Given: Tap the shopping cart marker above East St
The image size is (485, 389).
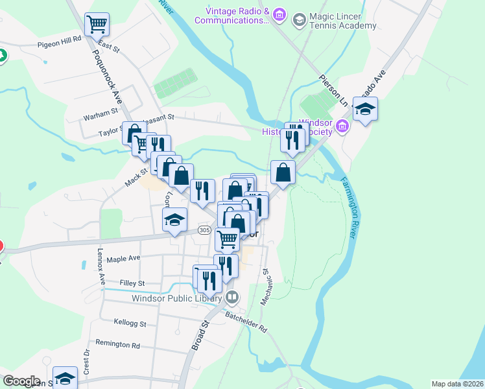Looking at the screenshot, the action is point(97,25).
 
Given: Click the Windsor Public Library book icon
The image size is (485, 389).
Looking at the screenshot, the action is point(232,298).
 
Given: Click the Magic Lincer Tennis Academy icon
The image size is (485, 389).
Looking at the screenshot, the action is point(299,19).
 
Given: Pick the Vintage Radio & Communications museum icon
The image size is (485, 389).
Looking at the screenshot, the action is point(279,14).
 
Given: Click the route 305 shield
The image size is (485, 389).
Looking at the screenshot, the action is point(205,230).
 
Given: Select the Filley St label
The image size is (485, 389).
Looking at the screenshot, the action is point(132,283).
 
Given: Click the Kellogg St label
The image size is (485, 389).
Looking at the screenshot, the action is point(130,323).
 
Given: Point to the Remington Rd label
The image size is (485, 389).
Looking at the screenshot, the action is point(117,345).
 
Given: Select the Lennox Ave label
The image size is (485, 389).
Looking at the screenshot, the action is point(102,266).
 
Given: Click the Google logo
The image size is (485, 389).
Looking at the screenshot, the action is point(21,381).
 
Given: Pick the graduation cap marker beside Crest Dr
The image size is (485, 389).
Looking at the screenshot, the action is point(65,377).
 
